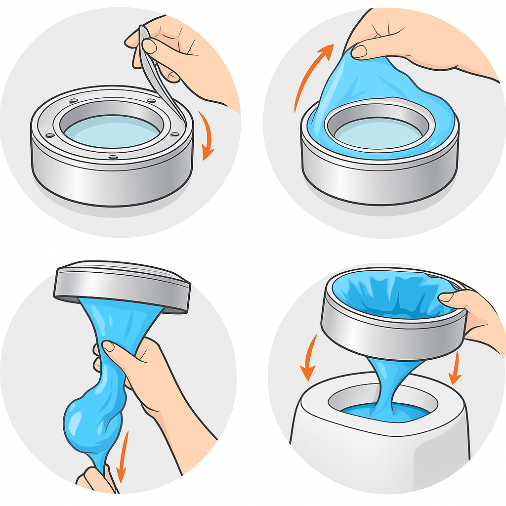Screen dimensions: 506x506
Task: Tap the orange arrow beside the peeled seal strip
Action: tap(207, 136)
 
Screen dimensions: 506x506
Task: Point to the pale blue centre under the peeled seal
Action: tap(112, 131)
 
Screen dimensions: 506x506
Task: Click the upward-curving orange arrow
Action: tap(309, 74)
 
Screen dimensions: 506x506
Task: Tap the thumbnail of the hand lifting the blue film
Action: tap(359, 50)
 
